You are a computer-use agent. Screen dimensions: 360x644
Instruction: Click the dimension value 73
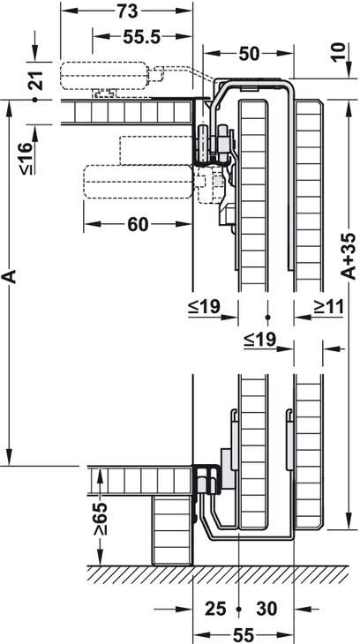tap(127, 11)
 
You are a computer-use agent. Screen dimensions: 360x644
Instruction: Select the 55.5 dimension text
tap(141, 38)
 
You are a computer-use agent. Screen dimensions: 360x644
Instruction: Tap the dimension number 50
tap(249, 54)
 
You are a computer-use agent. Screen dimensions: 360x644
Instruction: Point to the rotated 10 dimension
tap(341, 51)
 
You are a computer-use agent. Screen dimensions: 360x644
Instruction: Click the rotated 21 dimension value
tap(37, 80)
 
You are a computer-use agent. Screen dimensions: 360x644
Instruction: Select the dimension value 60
tap(138, 225)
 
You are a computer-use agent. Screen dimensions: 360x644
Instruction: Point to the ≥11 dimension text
tap(328, 306)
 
